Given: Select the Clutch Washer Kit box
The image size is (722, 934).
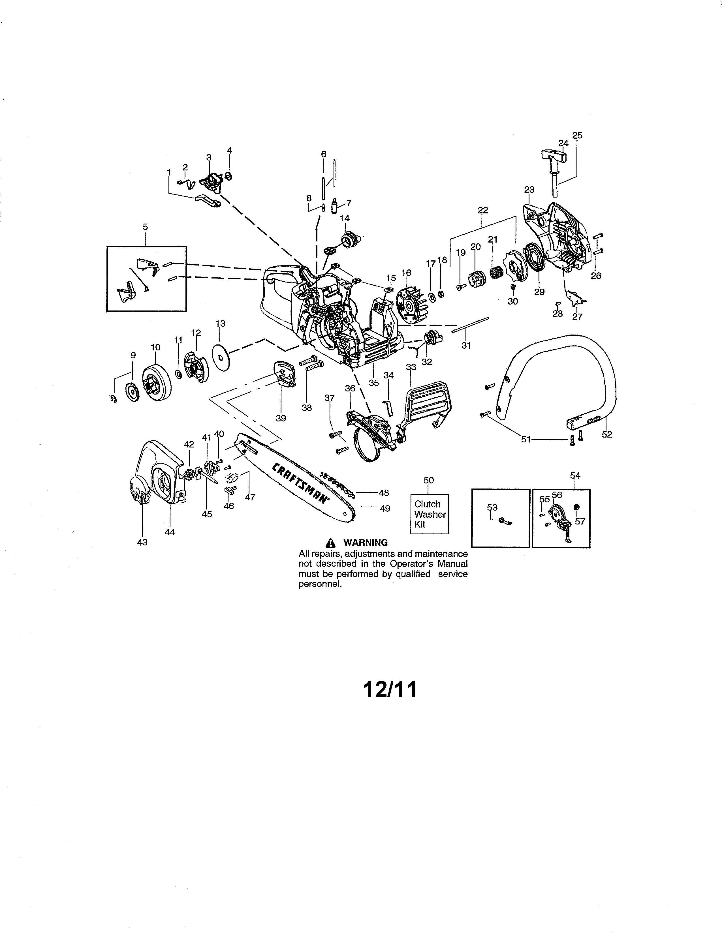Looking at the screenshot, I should click(x=430, y=514).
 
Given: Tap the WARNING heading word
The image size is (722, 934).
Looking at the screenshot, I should click(x=366, y=543).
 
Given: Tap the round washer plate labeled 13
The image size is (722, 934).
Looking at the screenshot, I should click(x=221, y=357).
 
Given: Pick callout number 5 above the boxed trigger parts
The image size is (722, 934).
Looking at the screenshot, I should click(x=146, y=227).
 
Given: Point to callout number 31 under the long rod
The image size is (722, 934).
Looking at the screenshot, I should click(x=466, y=345).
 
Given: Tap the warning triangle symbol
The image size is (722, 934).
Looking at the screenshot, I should click(x=330, y=543).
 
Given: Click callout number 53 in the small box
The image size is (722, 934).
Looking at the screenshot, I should click(x=492, y=507).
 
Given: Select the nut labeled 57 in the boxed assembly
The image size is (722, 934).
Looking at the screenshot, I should click(x=576, y=507).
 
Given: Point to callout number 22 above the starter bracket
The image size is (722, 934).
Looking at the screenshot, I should click(x=482, y=210).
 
